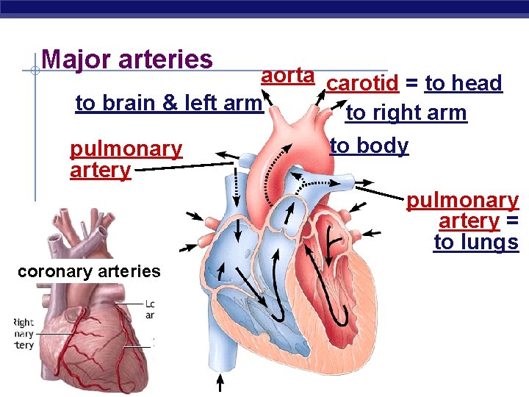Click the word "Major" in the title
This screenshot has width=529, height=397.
pos(72,59)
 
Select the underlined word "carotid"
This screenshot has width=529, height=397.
pos(363,84)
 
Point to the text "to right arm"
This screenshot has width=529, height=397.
pos(406,113)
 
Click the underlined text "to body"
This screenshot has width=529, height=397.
pos(369,146)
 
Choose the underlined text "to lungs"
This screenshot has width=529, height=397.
pos(476,243)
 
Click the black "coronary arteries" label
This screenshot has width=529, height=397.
pos(88,271)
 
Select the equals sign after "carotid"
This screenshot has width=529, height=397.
pos(412,84)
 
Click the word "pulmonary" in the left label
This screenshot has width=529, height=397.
pos(126,149)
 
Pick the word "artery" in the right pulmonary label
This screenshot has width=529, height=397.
pos(469,221)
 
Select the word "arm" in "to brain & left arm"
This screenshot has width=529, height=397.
pos(243,104)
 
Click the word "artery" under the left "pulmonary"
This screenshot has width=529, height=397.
pos(100,170)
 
